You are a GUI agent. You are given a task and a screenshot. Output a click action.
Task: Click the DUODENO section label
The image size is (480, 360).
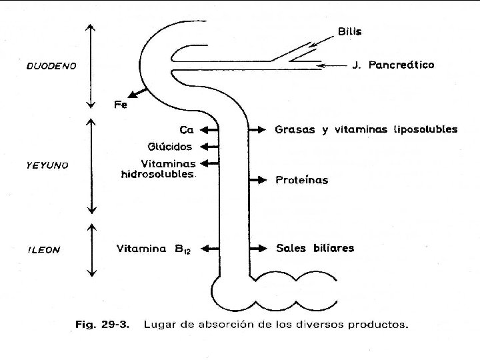pyautogui.click(x=51, y=66)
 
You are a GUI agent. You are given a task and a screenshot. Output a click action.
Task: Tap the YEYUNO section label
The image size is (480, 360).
pyautogui.click(x=47, y=165)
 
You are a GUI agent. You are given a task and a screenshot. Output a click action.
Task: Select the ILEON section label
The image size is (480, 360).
pyautogui.click(x=44, y=250)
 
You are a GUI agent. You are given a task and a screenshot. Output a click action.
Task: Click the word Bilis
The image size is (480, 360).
pyautogui.click(x=350, y=31)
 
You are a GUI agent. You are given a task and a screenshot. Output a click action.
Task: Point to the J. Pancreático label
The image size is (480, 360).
pyautogui.click(x=393, y=65)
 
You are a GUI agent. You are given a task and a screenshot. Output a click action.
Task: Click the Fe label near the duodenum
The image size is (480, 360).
pyautogui.click(x=120, y=105)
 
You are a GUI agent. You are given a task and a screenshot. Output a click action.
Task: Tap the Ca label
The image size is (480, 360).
pyautogui.click(x=187, y=130)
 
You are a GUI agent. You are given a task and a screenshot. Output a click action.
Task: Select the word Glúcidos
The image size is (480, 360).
pyautogui.click(x=169, y=146)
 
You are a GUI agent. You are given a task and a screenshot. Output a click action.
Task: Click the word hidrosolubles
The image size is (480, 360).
pyautogui.click(x=158, y=175)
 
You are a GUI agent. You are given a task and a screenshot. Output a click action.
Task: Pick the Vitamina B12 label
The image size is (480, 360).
pyautogui.click(x=154, y=249)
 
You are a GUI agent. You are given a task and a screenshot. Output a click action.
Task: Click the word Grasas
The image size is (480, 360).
pyautogui.click(x=295, y=130)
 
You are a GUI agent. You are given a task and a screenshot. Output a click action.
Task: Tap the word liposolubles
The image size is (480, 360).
pyautogui.click(x=424, y=129)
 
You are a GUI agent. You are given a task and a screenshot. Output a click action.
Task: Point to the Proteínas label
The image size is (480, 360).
pyautogui.click(x=301, y=180)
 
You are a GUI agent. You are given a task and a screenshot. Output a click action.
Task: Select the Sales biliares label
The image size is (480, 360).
pyautogui.click(x=315, y=249)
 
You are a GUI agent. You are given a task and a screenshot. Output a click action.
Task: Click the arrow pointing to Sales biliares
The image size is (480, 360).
pyautogui.click(x=257, y=249)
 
